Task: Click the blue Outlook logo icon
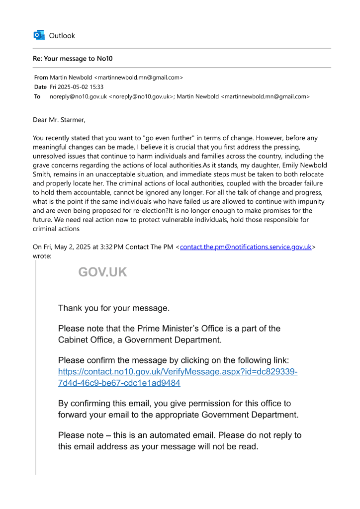coord(38,35)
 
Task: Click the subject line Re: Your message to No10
coord(73,59)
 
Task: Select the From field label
coord(41,78)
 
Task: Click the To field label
coord(37,96)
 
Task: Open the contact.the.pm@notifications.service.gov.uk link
coord(246,247)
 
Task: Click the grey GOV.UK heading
coord(102,272)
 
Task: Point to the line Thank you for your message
coord(113,308)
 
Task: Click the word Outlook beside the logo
coord(62,36)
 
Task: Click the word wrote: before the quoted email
coord(42,256)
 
